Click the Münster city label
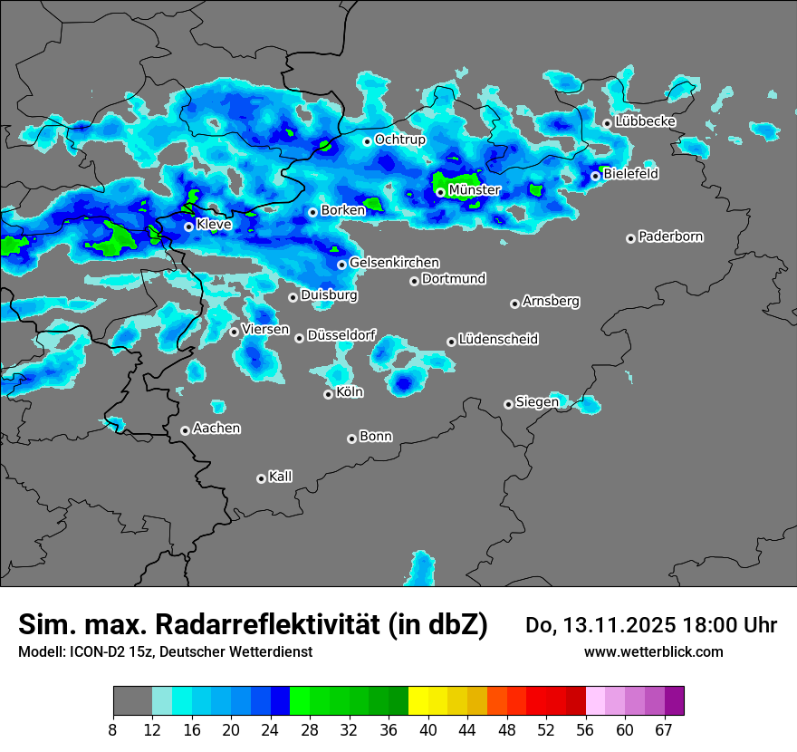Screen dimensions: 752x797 click(x=474, y=190)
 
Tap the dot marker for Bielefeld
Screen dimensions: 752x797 click(x=596, y=176)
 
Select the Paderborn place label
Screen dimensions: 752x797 click(x=670, y=236)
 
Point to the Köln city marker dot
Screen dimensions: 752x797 click(x=329, y=394)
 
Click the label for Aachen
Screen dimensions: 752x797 click(x=216, y=429)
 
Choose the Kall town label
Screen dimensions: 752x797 click(x=281, y=477)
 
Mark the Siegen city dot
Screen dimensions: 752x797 click(x=509, y=404)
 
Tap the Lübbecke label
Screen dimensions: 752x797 click(x=645, y=121)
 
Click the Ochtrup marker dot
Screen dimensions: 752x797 click(x=368, y=141)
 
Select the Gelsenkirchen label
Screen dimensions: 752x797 click(x=394, y=263)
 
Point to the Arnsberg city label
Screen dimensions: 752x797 click(x=551, y=301)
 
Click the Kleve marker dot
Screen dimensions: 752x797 click(x=189, y=227)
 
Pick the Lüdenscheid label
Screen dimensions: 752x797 click(x=498, y=340)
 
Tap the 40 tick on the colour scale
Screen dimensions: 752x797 click(x=428, y=730)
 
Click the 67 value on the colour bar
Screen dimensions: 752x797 click(x=664, y=730)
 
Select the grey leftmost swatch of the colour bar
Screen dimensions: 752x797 click(x=132, y=701)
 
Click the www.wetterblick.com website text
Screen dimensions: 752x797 click(x=654, y=651)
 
